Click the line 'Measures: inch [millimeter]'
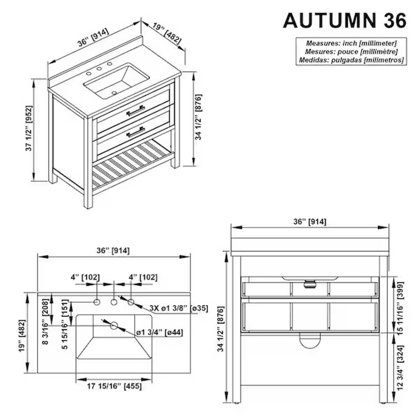(351, 43)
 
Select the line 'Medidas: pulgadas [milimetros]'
(351, 60)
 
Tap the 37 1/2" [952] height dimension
(29, 129)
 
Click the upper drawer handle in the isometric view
(135, 110)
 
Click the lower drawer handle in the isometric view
(135, 131)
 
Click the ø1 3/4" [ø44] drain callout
(159, 332)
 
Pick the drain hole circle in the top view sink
(114, 325)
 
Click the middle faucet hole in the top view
(114, 302)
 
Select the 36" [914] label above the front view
(310, 221)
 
